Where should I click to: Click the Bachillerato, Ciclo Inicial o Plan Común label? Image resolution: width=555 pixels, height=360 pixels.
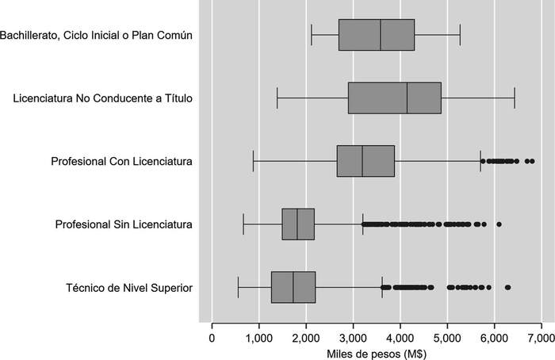[97, 35]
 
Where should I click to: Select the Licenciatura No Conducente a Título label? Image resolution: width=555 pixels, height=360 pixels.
[103, 98]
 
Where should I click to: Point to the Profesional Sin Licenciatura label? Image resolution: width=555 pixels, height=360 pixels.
[124, 224]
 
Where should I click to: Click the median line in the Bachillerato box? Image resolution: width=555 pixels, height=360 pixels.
[381, 35]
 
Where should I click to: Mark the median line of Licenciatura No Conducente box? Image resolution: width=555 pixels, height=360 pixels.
[408, 98]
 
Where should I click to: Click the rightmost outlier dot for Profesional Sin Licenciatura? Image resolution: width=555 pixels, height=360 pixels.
[499, 224]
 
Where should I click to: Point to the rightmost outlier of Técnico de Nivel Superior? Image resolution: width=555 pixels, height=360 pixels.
[507, 287]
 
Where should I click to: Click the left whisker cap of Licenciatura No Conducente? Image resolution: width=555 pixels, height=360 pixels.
[277, 98]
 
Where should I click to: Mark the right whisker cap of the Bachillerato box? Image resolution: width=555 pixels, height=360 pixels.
[460, 35]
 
